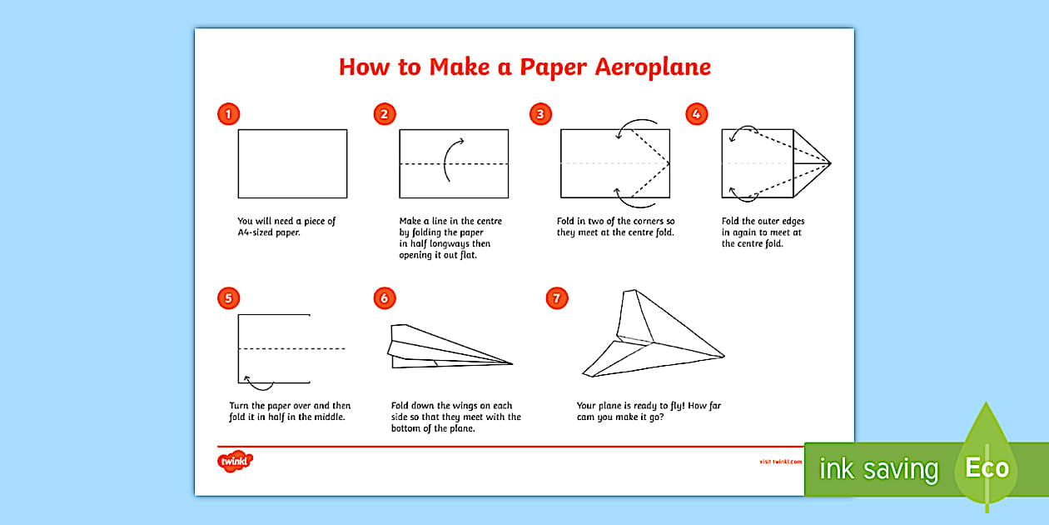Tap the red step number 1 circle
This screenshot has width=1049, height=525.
point(228,114)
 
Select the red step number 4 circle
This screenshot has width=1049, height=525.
point(696,114)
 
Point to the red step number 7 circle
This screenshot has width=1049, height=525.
point(557,297)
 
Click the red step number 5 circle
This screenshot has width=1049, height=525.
point(228,297)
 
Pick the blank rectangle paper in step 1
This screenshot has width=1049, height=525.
point(292,163)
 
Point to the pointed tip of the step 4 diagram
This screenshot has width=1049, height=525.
point(829,163)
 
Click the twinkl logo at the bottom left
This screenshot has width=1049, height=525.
point(236,460)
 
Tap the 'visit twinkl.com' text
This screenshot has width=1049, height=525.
point(780,461)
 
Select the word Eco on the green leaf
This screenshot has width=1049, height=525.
point(987,467)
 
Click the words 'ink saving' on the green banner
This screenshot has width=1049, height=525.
point(878,469)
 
